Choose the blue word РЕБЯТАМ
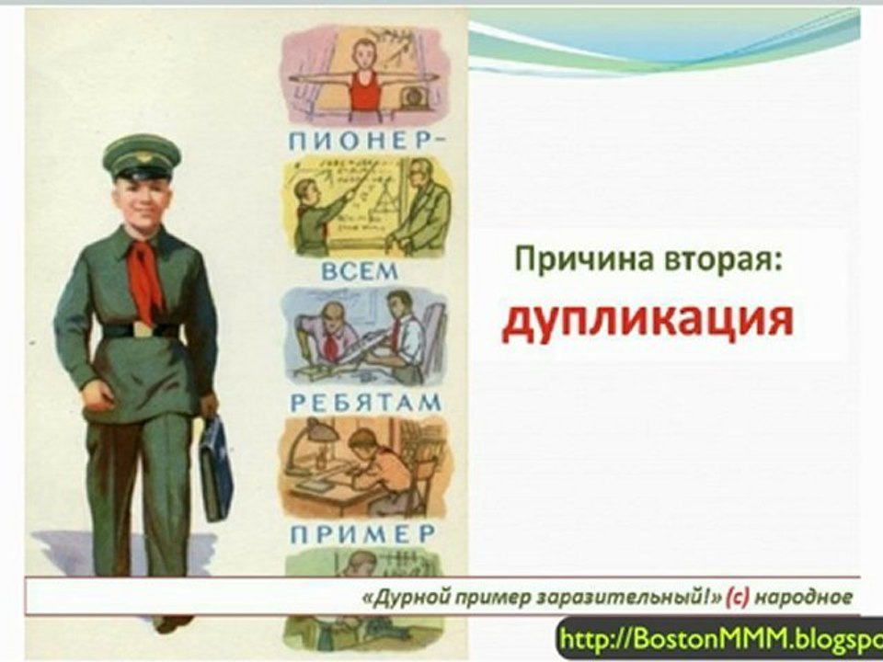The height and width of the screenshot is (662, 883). coord(366,403)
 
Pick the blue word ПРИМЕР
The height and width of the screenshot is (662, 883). coord(363,534)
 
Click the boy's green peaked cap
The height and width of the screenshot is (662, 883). coord(140,156)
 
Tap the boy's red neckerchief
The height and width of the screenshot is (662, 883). coord(145,276)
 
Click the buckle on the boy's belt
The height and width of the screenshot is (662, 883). coord(141,329)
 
